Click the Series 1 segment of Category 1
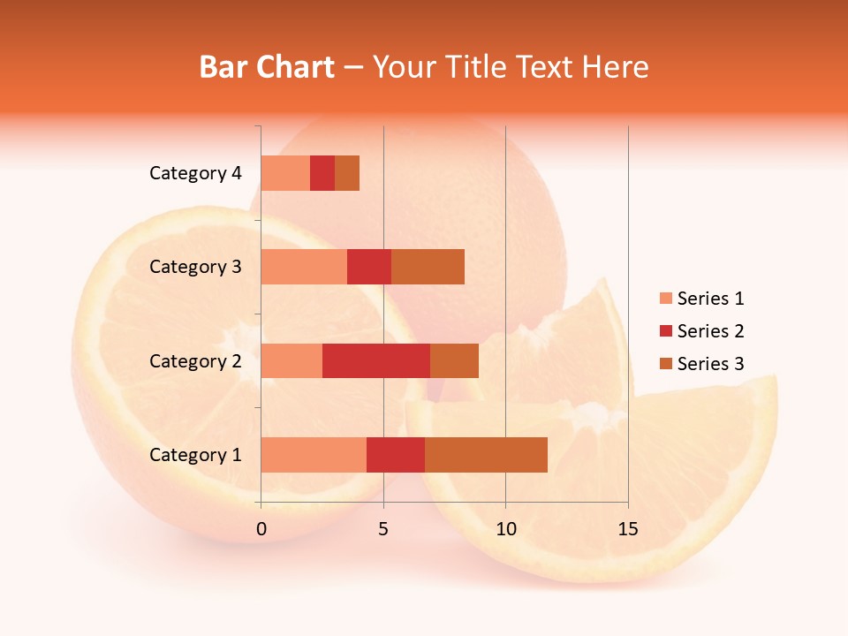tap(314, 455)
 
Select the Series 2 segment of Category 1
tap(396, 455)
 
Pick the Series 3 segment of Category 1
tap(486, 455)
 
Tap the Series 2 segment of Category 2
tap(376, 360)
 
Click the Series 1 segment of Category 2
tap(291, 360)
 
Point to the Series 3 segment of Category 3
tap(428, 267)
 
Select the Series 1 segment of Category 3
tap(304, 267)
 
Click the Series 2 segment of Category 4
tap(322, 173)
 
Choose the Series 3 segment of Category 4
tap(347, 173)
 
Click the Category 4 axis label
tap(195, 173)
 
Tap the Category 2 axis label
tap(195, 361)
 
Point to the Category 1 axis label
tap(195, 455)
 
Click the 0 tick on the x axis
tap(261, 529)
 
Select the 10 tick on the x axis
tap(505, 529)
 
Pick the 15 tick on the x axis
tap(627, 529)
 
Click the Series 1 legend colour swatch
tap(665, 299)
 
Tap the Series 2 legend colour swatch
tap(665, 331)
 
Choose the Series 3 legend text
tap(710, 364)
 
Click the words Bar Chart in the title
tap(267, 67)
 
